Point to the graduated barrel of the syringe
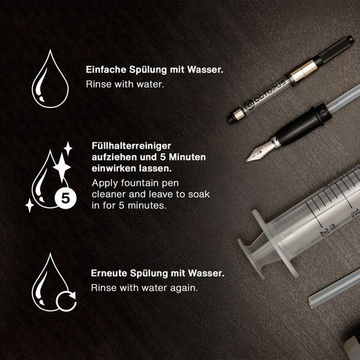pos(321,216)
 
